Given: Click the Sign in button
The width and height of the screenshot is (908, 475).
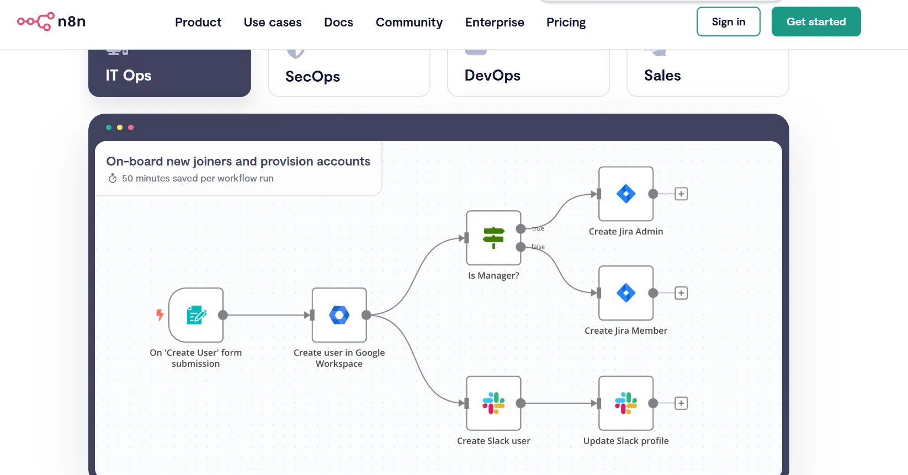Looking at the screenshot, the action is (x=728, y=22).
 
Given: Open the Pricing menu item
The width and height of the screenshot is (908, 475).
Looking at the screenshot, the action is (x=566, y=22).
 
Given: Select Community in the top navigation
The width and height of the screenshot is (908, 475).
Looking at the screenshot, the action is (x=409, y=22).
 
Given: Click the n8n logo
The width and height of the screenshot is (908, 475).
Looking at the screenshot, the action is (x=51, y=21).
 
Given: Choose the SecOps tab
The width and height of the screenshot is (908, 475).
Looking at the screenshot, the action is (x=349, y=73).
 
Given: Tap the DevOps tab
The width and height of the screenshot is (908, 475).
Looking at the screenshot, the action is (x=528, y=73).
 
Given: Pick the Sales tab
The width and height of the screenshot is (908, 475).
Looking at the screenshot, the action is (x=708, y=73).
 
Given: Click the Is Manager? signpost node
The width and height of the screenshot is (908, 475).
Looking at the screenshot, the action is (x=493, y=238).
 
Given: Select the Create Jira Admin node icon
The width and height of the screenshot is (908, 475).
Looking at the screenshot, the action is (x=626, y=194).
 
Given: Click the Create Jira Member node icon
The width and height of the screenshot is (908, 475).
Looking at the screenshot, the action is (x=626, y=293).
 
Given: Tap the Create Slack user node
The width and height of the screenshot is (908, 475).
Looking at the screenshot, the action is (x=493, y=403).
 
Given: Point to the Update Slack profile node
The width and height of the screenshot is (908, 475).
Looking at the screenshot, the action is (x=626, y=403).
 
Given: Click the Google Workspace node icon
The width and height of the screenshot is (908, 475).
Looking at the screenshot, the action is (x=339, y=315).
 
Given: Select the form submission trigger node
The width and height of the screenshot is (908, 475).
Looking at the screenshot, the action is (x=196, y=315).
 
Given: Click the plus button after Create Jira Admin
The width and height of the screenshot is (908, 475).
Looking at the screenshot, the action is (x=681, y=194).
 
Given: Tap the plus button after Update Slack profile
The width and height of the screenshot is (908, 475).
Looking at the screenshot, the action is (x=681, y=403).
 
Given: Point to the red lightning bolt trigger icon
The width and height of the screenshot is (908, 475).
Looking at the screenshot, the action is (x=160, y=314).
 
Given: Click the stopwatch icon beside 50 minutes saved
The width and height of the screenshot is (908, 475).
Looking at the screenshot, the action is (x=112, y=178).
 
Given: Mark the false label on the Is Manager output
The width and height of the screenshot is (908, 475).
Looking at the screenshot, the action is (x=538, y=247).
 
